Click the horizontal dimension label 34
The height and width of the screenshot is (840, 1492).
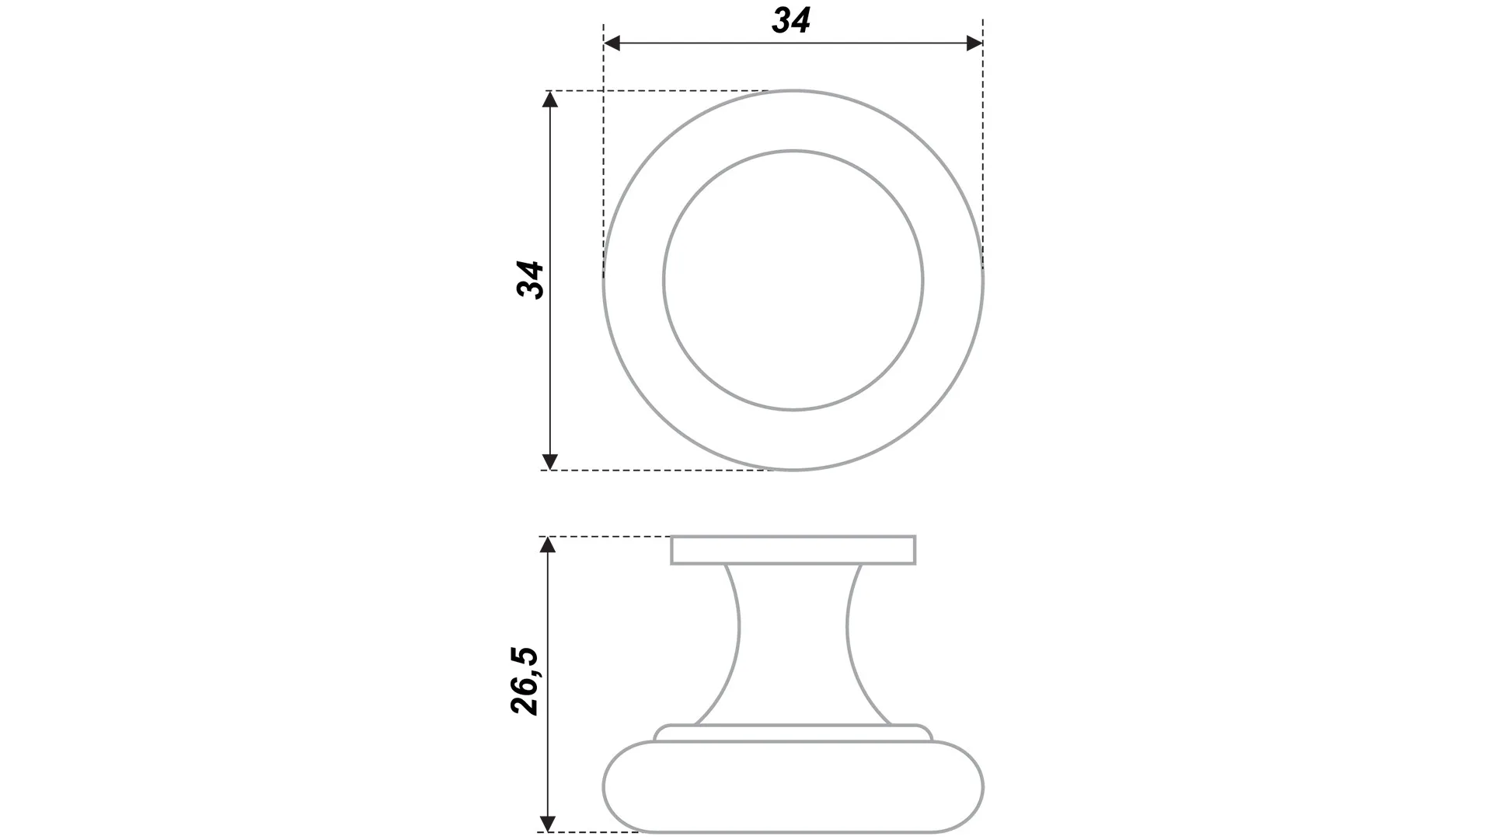[791, 20]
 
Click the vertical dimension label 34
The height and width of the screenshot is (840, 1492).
[531, 280]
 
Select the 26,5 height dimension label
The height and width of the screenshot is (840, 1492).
[525, 681]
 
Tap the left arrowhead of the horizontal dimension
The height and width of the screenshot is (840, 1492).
[612, 44]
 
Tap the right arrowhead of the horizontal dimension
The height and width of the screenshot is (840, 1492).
[974, 44]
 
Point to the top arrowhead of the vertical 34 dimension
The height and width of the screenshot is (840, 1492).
[550, 99]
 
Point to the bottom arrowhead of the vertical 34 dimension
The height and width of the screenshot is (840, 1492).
[550, 462]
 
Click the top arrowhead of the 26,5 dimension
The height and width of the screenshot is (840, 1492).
[548, 544]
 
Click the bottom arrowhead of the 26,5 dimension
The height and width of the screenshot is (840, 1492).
[548, 824]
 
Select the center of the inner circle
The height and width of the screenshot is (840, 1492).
[793, 280]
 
